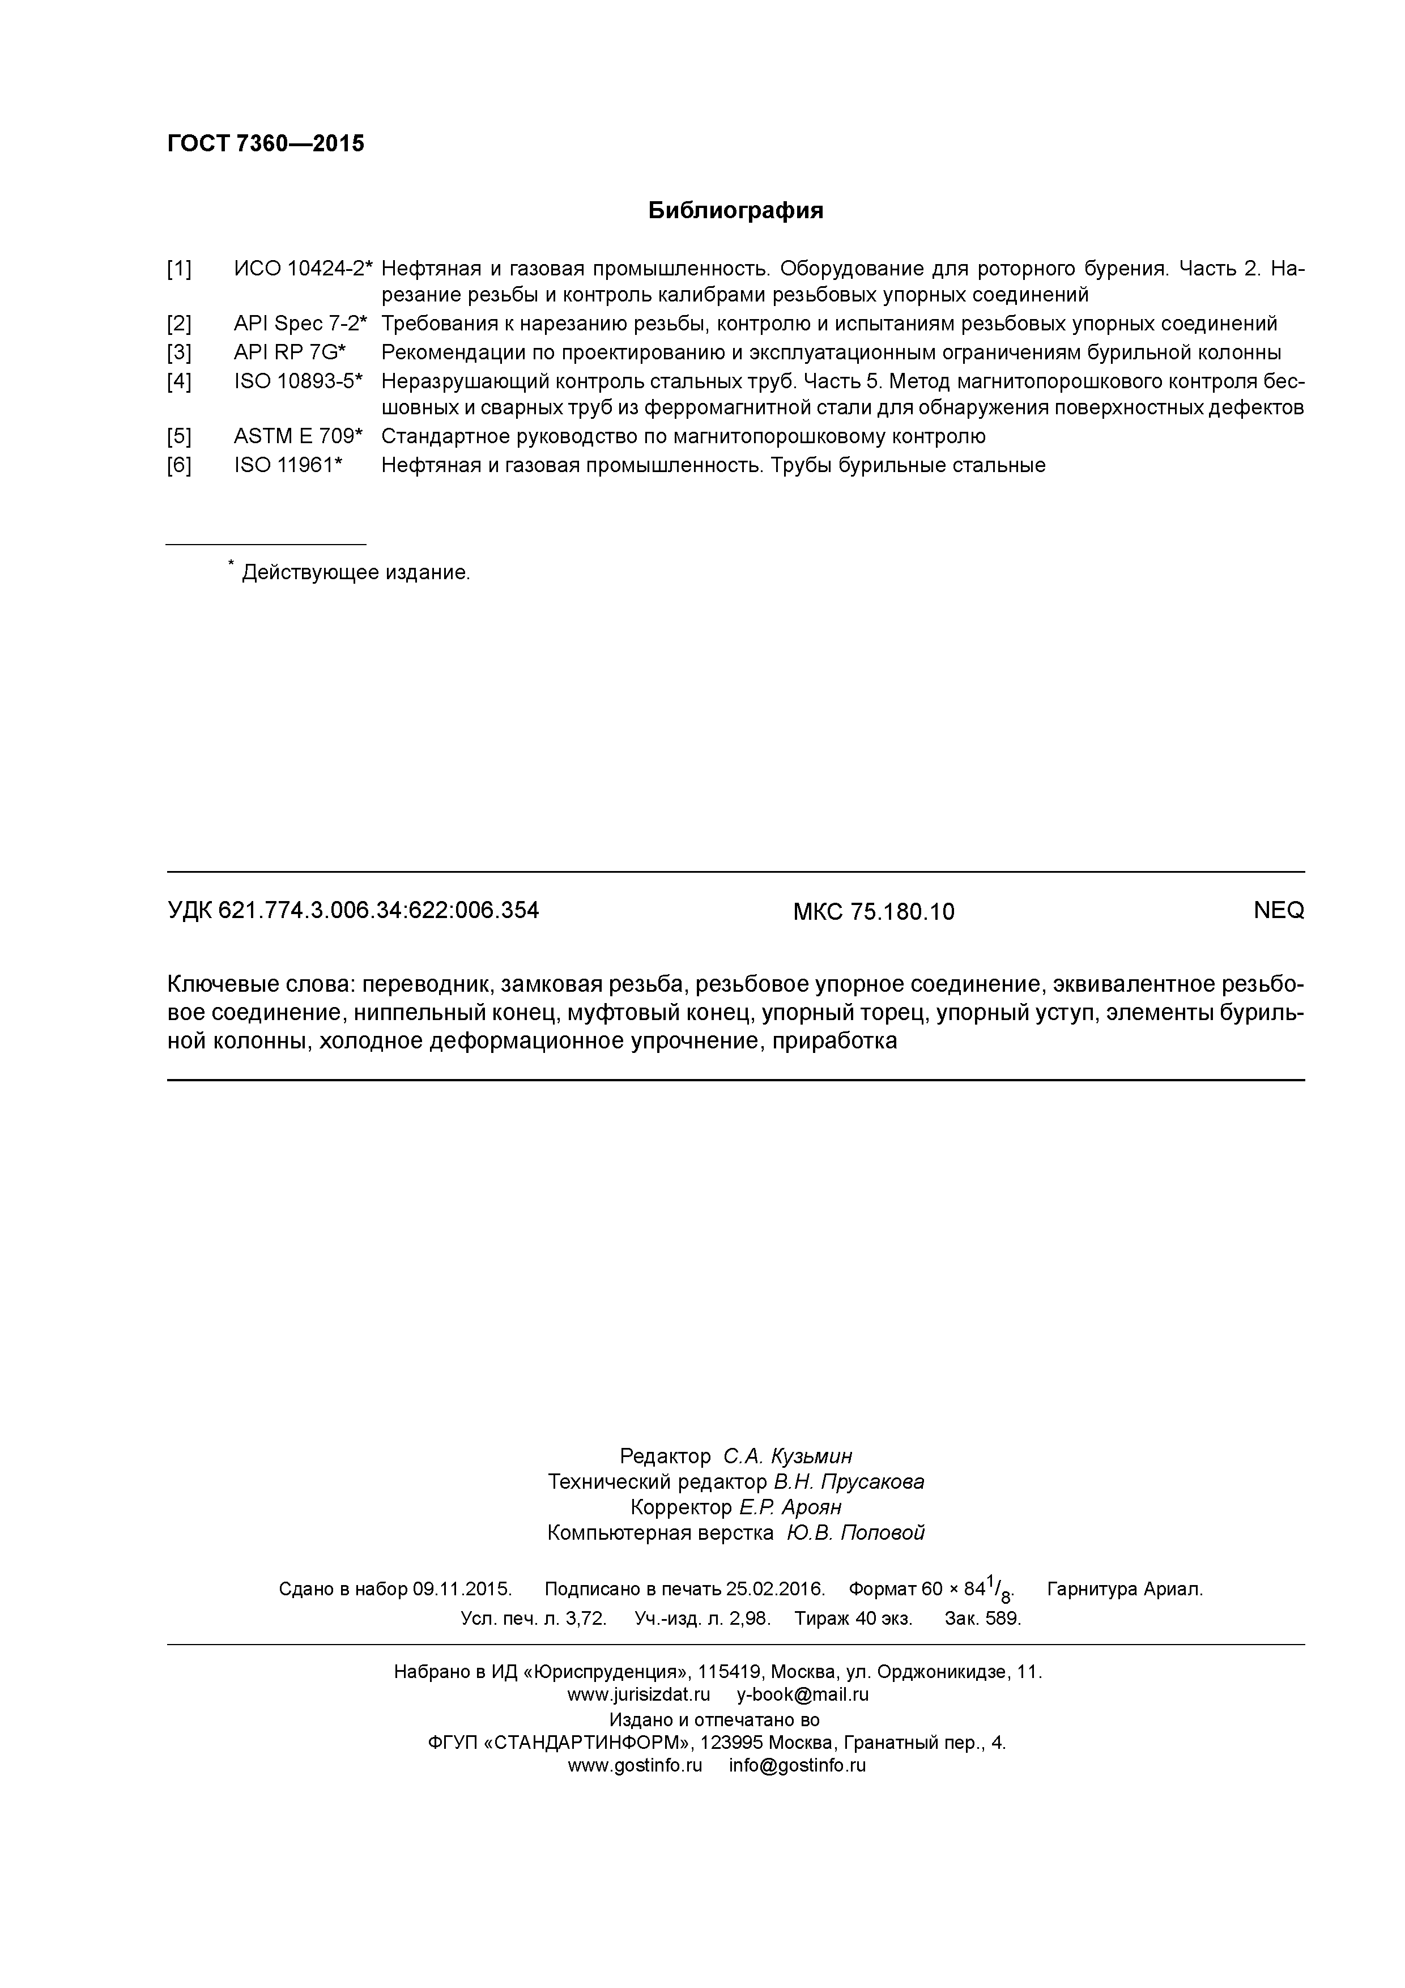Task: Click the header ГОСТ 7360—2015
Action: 265,144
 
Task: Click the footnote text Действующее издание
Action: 355,572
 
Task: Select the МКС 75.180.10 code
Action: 874,912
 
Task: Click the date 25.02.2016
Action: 775,1589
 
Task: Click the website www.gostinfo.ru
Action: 635,1765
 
